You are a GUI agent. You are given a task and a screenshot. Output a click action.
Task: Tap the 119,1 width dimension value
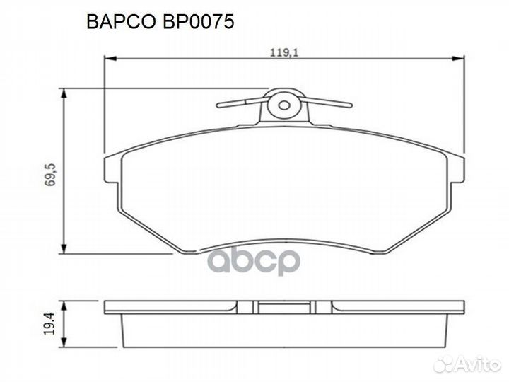pyautogui.click(x=281, y=50)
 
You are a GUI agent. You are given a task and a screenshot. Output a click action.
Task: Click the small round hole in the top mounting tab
pyautogui.click(x=284, y=105)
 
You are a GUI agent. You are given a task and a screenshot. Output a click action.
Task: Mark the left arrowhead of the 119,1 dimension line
pyautogui.click(x=109, y=59)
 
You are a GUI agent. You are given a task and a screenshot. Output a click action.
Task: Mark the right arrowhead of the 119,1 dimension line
pyautogui.click(x=462, y=59)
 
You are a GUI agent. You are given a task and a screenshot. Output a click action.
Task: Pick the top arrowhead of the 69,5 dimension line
pyautogui.click(x=65, y=93)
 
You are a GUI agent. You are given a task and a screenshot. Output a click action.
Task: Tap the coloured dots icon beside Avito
pyautogui.click(x=445, y=364)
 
